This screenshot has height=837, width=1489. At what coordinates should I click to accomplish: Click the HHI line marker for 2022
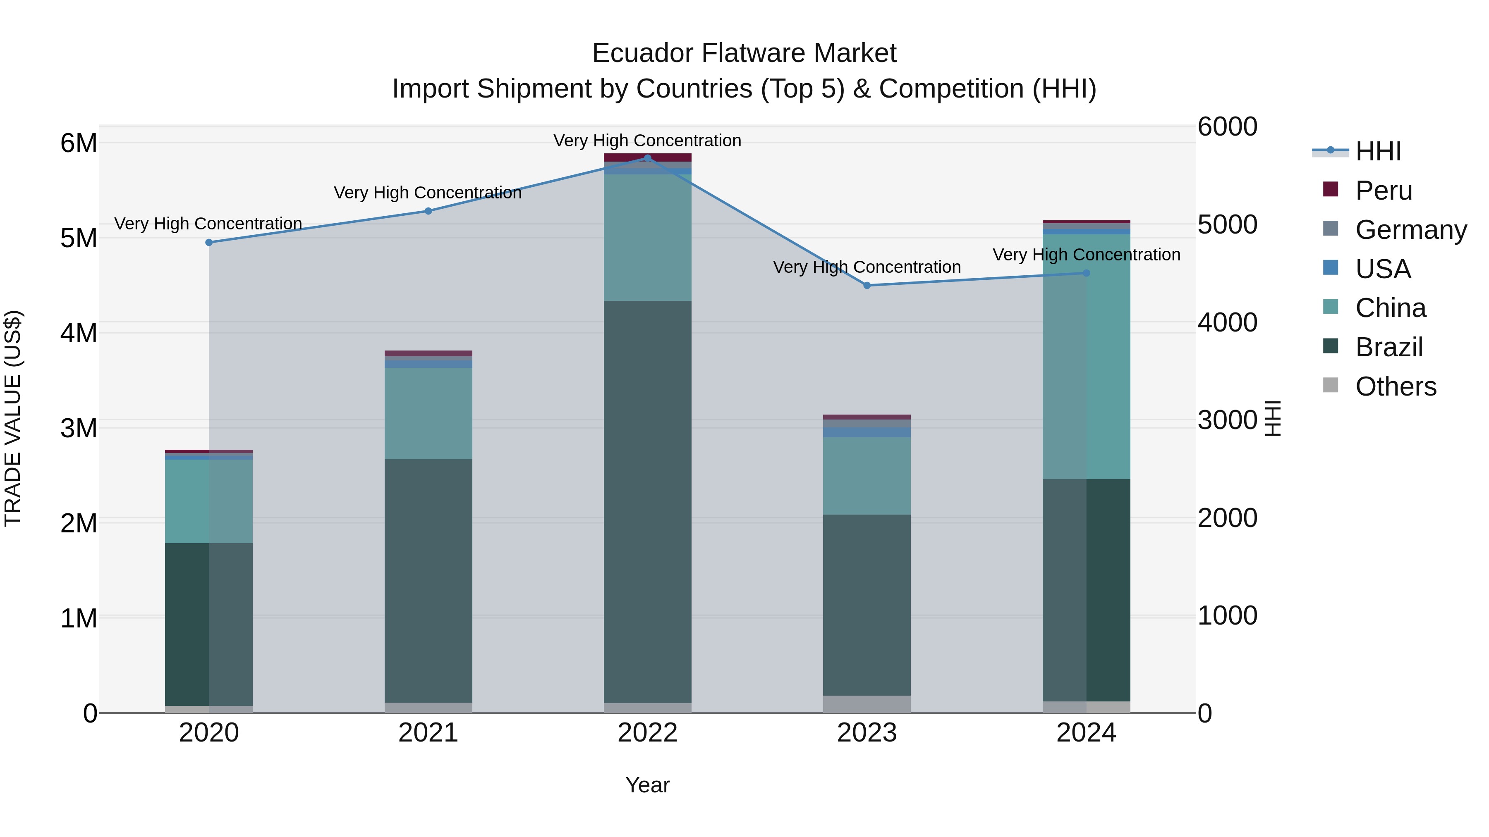(647, 158)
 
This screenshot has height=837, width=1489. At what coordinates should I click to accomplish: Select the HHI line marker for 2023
(867, 285)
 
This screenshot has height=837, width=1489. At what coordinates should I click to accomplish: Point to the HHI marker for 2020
(209, 243)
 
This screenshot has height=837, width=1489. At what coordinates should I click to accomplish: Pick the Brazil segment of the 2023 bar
(867, 605)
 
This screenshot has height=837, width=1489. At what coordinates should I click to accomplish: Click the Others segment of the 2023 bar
(867, 704)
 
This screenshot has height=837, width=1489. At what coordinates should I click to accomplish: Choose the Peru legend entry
(1383, 191)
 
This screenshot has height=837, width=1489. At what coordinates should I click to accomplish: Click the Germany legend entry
(1410, 230)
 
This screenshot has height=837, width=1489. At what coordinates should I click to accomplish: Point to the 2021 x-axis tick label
(429, 733)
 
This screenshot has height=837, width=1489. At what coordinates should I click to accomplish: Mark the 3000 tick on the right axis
(1227, 420)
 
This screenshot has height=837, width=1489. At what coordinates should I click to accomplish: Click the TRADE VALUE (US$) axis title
(13, 419)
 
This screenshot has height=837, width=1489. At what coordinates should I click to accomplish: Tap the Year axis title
(647, 785)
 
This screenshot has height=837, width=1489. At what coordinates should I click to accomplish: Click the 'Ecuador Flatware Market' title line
(744, 53)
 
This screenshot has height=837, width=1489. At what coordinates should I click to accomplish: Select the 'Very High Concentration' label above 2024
(1086, 255)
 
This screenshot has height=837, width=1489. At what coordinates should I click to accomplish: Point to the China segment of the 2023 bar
(867, 476)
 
